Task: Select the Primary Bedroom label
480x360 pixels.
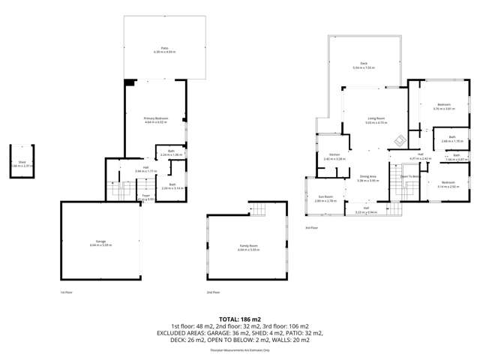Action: click(155, 118)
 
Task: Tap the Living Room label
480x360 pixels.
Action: click(376, 118)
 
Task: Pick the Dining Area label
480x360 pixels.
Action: click(367, 177)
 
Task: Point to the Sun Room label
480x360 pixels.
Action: click(325, 196)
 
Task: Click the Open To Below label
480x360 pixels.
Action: click(409, 177)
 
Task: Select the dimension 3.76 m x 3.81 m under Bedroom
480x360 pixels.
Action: click(445, 109)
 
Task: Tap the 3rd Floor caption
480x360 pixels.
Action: click(312, 227)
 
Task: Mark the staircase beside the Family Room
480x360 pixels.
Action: click(257, 209)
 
